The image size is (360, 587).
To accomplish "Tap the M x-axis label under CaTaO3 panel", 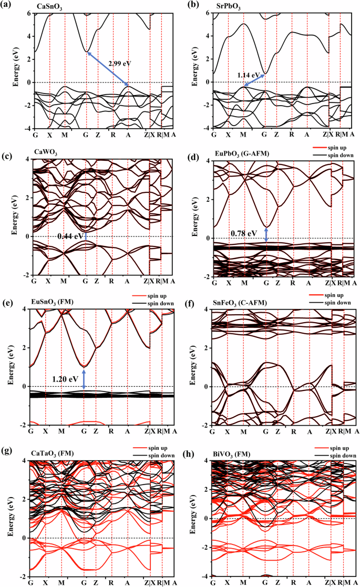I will pyautogui.click(x=61, y=582).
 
